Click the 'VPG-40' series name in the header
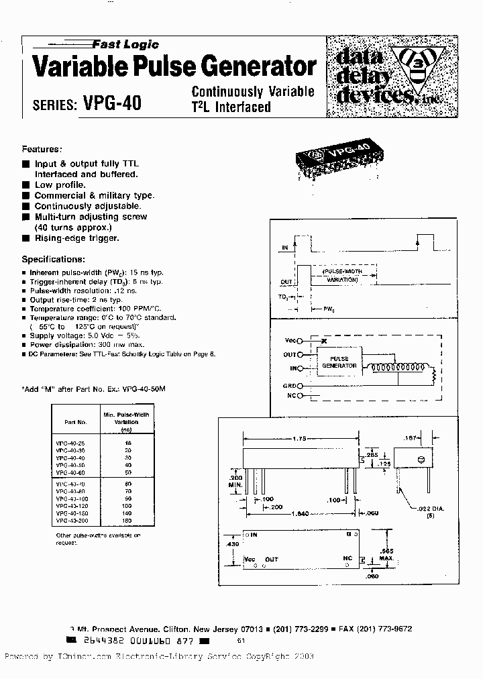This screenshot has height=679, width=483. tap(112, 104)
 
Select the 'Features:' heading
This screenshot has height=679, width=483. tap(42, 149)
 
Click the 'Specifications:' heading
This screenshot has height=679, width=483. tap(54, 259)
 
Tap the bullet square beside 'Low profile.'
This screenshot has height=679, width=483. tap(25, 185)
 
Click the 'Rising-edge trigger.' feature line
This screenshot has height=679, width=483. tap(76, 238)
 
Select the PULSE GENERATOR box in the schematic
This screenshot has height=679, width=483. tap(335, 362)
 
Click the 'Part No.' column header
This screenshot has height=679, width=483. tap(76, 422)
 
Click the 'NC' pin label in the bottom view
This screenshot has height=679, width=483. tap(347, 558)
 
